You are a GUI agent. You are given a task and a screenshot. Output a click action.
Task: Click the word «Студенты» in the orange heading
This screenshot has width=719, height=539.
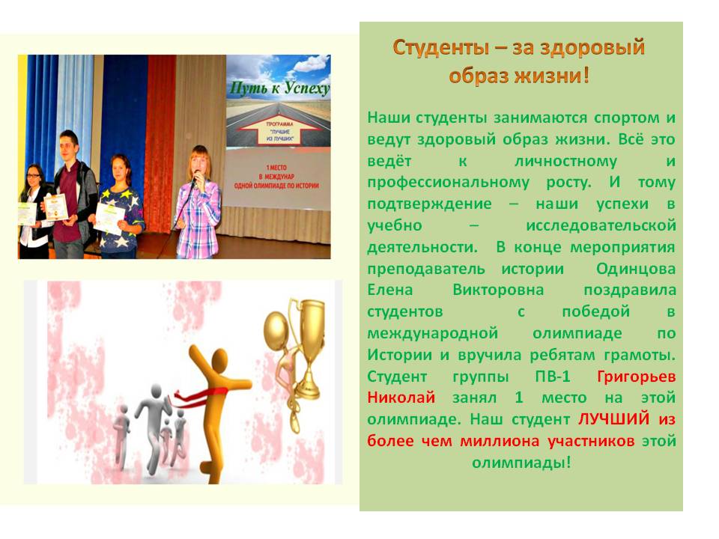[440, 48]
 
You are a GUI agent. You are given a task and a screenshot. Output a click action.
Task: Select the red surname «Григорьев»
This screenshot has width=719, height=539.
[637, 377]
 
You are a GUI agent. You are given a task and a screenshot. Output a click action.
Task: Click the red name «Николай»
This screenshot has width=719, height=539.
[401, 397]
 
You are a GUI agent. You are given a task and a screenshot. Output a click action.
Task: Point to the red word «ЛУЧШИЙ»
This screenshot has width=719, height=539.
[613, 418]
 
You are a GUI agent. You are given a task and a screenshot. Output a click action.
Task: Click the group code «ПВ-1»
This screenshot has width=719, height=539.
[553, 377]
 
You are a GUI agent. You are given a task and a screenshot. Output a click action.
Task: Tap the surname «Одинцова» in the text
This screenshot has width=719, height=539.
[636, 269]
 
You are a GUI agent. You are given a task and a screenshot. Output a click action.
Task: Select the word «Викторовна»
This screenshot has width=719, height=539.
[498, 290]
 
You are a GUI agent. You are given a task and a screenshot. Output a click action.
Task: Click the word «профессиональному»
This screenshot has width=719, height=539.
[448, 183]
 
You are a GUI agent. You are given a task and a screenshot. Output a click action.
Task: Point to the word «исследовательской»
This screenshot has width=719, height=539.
[601, 225]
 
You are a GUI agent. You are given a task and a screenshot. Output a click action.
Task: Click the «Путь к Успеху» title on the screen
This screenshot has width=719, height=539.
[279, 88]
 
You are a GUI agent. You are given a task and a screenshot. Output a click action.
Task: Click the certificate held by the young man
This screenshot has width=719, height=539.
[56, 207]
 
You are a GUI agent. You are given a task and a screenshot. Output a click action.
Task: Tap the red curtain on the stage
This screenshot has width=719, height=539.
[160, 142]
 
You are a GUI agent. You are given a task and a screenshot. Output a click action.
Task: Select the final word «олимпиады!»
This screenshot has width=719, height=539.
[521, 463]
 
